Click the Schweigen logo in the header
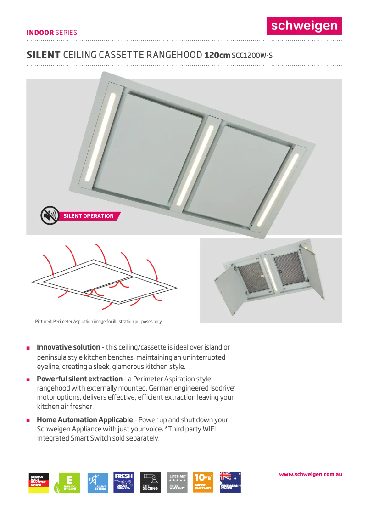[304, 26]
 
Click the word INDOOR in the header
[40, 33]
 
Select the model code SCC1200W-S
[252, 56]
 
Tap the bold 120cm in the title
[217, 56]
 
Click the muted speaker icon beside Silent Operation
[50, 215]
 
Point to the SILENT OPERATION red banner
[89, 216]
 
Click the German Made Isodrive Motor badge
[39, 482]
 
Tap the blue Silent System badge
[98, 482]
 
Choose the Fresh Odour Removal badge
[124, 482]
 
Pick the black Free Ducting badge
[150, 482]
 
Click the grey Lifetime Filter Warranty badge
[177, 482]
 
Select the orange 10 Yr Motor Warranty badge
[203, 482]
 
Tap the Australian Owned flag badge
[230, 482]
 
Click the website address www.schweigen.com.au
[311, 474]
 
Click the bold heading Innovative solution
[68, 347]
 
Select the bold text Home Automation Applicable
[85, 420]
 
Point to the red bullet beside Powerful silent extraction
[28, 380]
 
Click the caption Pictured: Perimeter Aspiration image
[99, 321]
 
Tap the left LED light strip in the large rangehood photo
[100, 136]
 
